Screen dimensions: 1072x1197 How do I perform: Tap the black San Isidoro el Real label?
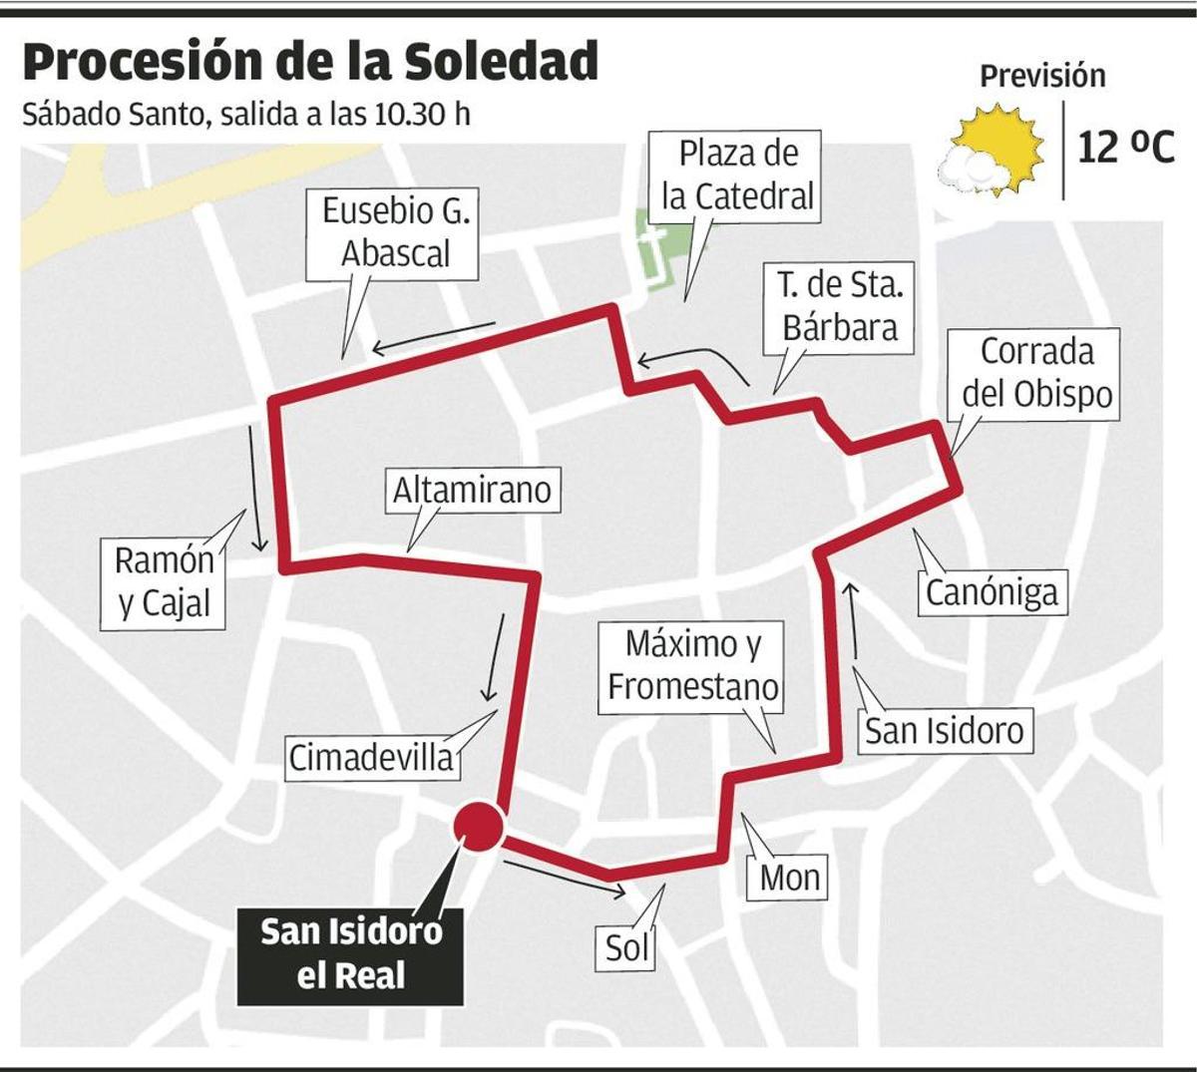coord(351,952)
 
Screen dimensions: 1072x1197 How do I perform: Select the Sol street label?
coord(627,947)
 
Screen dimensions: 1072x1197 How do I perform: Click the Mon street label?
coord(789,878)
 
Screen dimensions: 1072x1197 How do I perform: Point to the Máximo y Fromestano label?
coord(693,666)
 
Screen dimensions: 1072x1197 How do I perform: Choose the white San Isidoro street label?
coord(944,731)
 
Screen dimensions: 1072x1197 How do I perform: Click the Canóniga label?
coord(991,592)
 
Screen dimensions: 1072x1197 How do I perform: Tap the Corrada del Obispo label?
coord(1036,373)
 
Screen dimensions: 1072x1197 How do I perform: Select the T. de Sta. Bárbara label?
coord(840,306)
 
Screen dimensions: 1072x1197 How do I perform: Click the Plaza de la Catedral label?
coord(738,175)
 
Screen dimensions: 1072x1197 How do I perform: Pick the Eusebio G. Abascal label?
coord(396,232)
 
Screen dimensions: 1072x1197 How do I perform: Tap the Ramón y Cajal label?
coord(164,582)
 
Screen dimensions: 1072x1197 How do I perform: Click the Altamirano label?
coord(471,491)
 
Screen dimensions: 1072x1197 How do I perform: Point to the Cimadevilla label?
coord(370,758)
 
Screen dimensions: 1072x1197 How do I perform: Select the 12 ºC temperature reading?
coord(1126,149)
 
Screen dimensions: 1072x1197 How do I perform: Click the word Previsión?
coord(1042,76)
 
